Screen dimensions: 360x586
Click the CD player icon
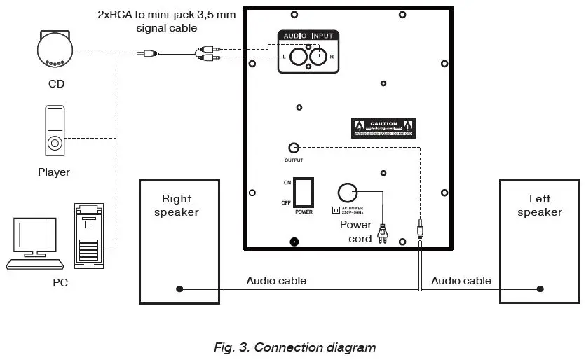(x=55, y=50)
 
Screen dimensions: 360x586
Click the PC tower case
(x=89, y=235)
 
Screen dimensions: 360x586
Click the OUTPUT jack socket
(x=294, y=148)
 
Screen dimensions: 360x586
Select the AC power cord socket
(x=348, y=193)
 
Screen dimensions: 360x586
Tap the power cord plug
(x=383, y=233)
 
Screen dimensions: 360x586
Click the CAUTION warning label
(x=383, y=128)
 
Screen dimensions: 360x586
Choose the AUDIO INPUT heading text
(x=308, y=35)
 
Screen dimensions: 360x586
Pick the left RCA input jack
(x=297, y=57)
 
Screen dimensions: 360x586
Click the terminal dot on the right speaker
(x=179, y=289)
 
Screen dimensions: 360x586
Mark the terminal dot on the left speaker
(x=540, y=289)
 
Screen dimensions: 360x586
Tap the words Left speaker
(x=540, y=205)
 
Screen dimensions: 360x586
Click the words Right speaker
(x=176, y=205)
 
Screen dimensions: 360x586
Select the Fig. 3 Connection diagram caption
(x=294, y=347)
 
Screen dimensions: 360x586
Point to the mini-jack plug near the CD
(x=148, y=53)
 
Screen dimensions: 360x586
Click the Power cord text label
(x=356, y=232)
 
